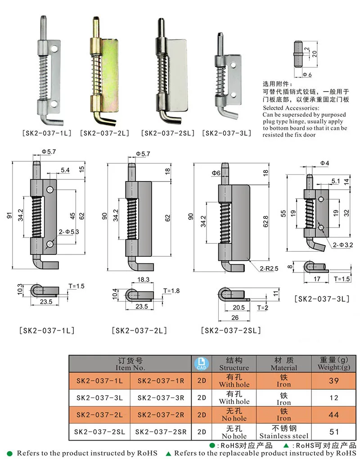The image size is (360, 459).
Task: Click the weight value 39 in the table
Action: (333, 381)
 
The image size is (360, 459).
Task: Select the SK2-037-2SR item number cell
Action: (161, 432)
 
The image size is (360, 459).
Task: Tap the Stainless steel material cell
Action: (284, 432)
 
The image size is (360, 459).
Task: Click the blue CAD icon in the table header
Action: (201, 364)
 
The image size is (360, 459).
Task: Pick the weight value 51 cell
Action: (333, 432)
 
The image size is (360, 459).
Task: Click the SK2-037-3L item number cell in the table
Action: (99, 397)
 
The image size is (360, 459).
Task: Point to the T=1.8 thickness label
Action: (171, 290)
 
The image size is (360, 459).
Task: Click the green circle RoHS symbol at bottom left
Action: (10, 453)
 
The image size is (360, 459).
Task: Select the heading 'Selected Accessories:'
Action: (291, 108)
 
